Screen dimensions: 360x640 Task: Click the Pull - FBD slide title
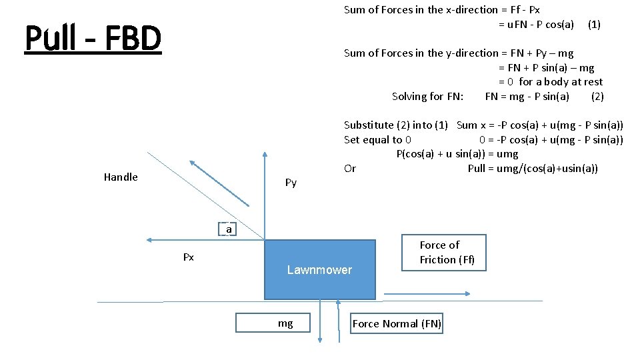pos(93,39)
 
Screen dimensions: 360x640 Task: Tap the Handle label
pos(121,177)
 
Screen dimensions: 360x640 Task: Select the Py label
pos(291,183)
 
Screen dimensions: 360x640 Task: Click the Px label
pos(189,257)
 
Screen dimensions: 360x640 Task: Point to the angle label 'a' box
pos(229,229)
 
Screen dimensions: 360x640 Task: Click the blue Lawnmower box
pos(319,269)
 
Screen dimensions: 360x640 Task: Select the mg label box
pos(285,323)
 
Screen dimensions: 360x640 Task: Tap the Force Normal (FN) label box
pos(397,324)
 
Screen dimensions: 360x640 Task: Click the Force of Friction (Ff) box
pos(444,253)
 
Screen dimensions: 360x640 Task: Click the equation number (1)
pos(593,25)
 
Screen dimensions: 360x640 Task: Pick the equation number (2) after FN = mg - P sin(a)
pos(597,97)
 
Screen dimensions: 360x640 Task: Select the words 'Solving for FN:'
pos(427,97)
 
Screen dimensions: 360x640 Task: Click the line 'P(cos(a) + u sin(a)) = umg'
pos(457,154)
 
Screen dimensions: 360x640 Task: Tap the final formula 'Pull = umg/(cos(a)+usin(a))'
pos(533,169)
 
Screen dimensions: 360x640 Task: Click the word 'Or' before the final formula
pos(350,169)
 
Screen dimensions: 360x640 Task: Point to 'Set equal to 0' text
pos(377,140)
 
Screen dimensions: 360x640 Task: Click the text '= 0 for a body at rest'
pos(550,82)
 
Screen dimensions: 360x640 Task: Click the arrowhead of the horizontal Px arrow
pos(150,240)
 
